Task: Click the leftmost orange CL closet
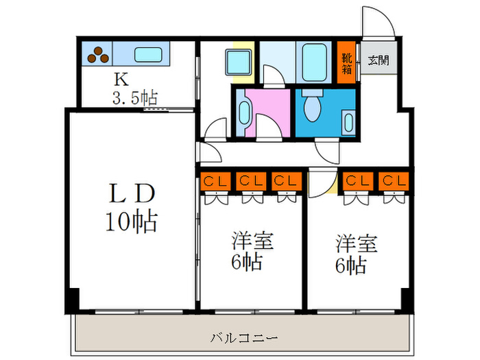coord(215,182)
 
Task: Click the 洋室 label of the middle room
coord(252,241)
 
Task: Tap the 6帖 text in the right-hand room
coord(350,265)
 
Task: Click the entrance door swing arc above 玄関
coord(378,24)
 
